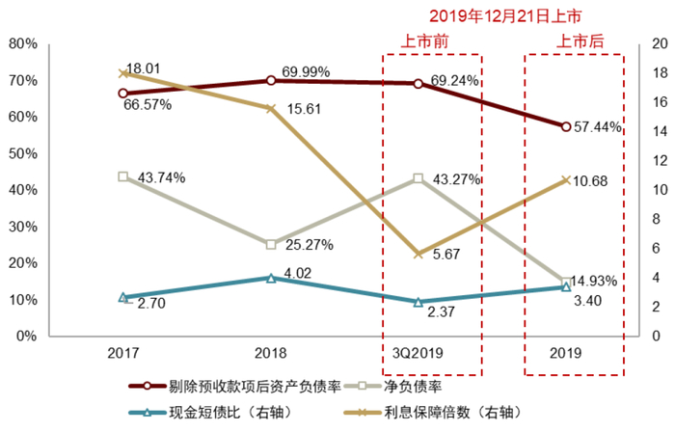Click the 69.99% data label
pos(306,72)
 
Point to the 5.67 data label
pos(446,256)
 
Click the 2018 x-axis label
pos(270,354)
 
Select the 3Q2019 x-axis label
pos(418,354)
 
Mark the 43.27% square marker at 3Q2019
pos(418,178)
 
